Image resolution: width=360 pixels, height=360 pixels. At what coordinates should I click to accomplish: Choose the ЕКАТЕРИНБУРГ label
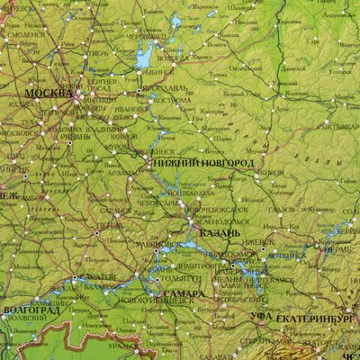coord(317,316)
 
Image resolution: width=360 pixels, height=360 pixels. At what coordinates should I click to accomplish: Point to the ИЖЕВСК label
coord(261,243)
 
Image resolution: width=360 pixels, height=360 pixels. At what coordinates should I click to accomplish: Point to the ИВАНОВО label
coord(130,108)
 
